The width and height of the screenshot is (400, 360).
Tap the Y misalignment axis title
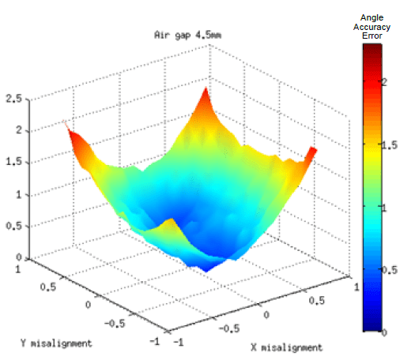pos(55,343)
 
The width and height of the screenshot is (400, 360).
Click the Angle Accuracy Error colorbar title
pos(372,26)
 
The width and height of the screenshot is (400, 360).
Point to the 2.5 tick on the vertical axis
pos(13,99)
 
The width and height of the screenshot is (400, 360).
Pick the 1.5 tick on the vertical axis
pos(13,163)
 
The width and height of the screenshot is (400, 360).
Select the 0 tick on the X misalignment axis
pos(266,315)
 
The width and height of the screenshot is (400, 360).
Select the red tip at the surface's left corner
pos(69,128)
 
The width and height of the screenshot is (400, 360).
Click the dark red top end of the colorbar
pos(372,48)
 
